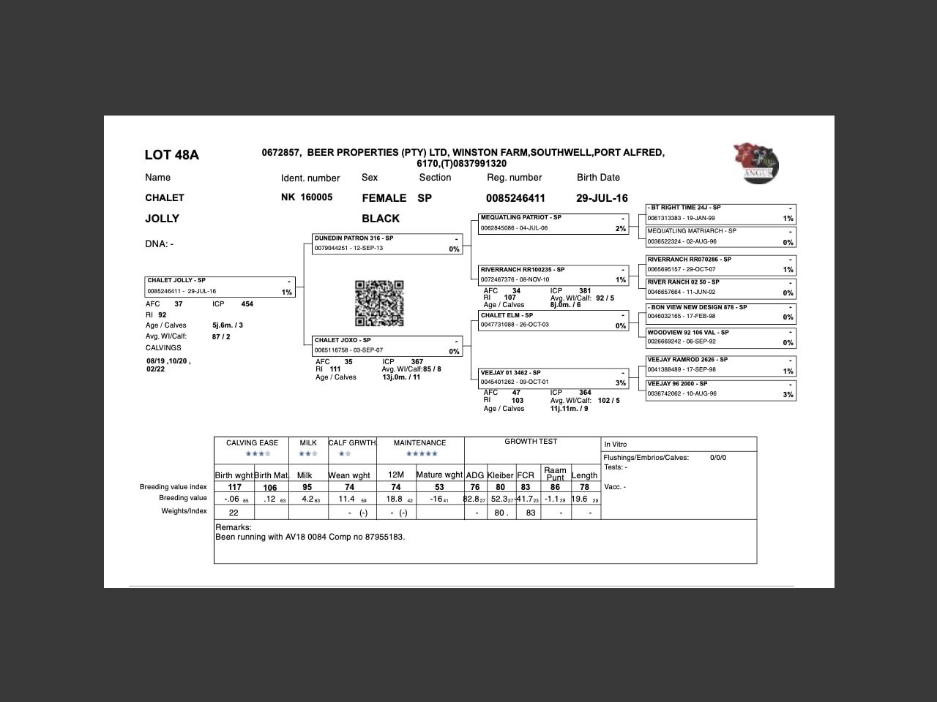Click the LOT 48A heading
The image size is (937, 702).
[171, 155]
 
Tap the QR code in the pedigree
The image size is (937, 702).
[379, 303]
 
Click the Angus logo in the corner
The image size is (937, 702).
[756, 162]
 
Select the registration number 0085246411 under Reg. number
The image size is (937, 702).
[515, 198]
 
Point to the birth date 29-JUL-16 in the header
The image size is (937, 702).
[602, 198]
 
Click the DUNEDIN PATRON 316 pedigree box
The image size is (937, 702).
[387, 244]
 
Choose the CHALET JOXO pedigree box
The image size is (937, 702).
[387, 346]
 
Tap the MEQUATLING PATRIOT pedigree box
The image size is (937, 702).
[553, 223]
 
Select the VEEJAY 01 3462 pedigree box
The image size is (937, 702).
[553, 378]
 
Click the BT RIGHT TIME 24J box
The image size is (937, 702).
[720, 213]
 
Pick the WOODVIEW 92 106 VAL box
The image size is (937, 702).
[720, 337]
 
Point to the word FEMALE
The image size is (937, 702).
[384, 198]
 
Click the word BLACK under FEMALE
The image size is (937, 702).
[381, 219]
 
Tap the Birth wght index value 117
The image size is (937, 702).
[234, 487]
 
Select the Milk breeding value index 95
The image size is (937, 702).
[307, 487]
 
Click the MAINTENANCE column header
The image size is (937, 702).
[419, 443]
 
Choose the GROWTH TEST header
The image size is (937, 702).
[531, 442]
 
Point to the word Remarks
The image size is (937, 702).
[234, 527]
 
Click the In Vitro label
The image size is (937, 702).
[615, 445]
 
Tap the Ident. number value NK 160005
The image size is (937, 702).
[307, 197]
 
